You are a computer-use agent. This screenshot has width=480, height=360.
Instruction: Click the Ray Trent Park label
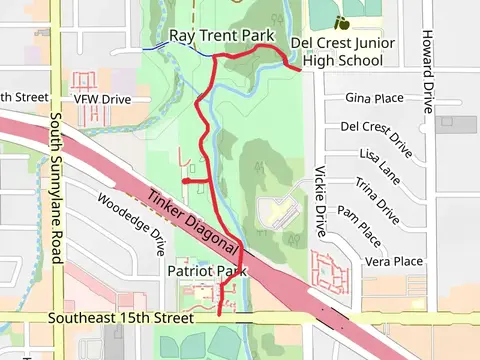(221, 36)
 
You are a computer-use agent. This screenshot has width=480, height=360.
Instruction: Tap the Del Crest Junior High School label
(342, 52)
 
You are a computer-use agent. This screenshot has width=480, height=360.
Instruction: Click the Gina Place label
(373, 99)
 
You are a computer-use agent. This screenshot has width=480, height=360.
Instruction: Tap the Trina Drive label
(378, 200)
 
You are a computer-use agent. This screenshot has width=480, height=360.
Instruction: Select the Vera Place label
(394, 261)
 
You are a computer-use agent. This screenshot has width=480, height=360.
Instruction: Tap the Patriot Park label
(206, 271)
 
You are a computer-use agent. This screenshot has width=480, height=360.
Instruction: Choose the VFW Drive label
(102, 99)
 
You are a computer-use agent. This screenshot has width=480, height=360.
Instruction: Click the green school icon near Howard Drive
(342, 22)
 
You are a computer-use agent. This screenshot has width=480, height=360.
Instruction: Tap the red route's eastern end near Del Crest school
(300, 69)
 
